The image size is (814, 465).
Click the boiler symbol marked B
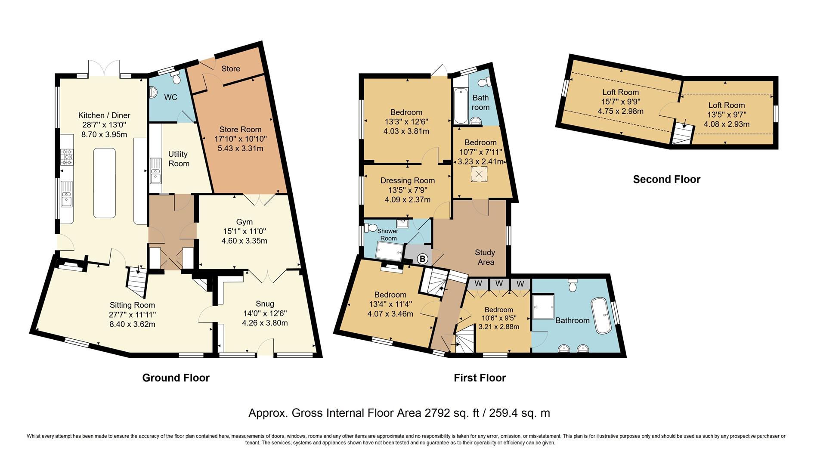click(x=423, y=259)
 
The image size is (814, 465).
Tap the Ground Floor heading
click(x=176, y=378)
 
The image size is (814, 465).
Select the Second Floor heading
click(x=666, y=180)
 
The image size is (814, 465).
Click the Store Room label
click(x=240, y=129)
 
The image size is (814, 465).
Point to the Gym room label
click(x=244, y=222)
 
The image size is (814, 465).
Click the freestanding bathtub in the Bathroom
click(x=601, y=316)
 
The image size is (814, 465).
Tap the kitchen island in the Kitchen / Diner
click(x=104, y=183)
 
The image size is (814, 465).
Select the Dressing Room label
click(x=407, y=181)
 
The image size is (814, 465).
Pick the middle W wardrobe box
click(x=499, y=284)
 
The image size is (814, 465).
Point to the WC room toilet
click(x=176, y=78)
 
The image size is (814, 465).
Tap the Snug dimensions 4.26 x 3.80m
click(x=265, y=323)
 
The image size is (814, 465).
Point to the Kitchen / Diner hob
click(x=68, y=157)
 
